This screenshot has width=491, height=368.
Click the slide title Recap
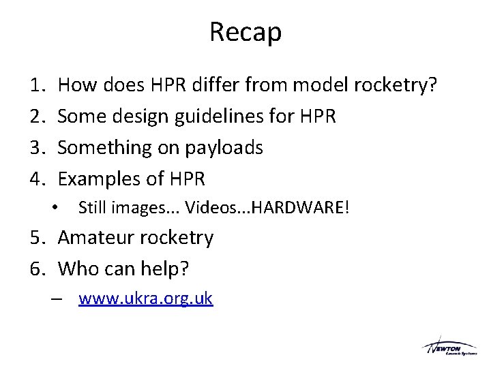245,32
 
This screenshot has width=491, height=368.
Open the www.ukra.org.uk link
145,298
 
